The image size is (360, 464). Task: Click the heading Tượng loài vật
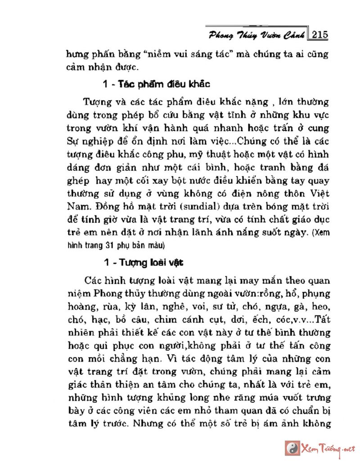click(x=155, y=262)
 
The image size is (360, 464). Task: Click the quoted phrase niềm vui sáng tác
click(x=204, y=55)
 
